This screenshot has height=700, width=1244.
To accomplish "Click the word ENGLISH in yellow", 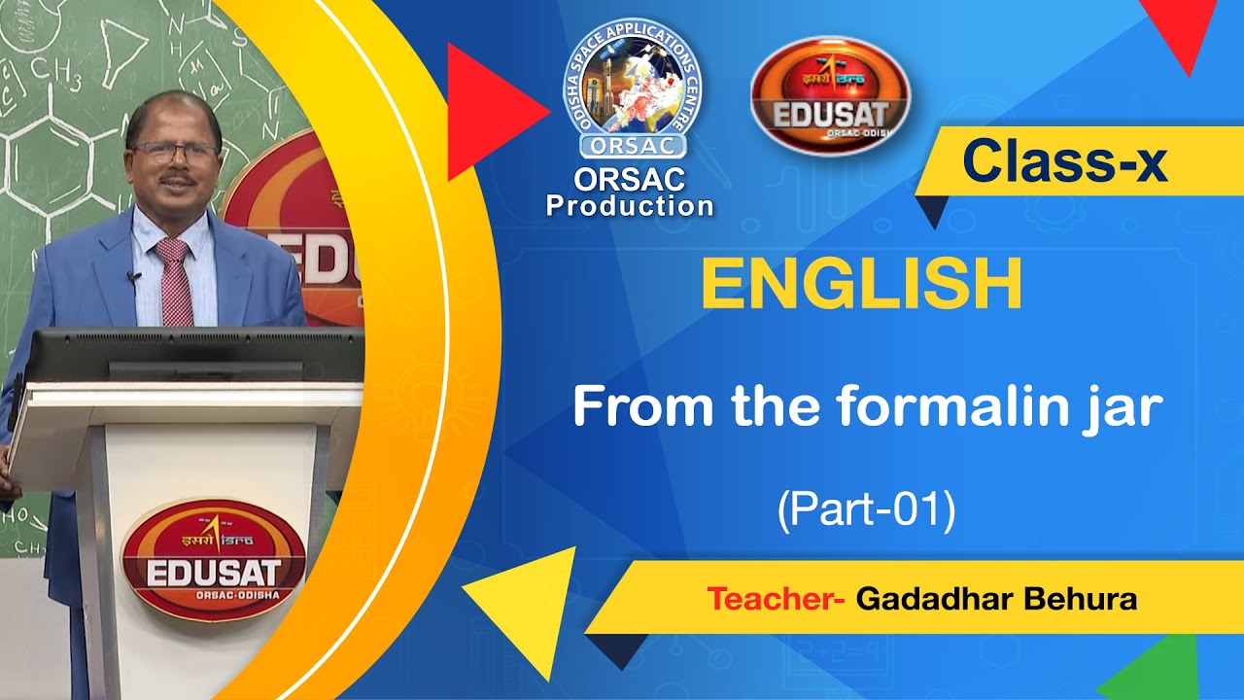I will click(861, 283).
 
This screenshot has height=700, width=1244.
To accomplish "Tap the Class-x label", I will click(1064, 162).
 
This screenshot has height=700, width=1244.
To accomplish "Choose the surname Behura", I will click(1080, 599).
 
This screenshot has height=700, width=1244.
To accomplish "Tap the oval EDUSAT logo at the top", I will click(830, 94).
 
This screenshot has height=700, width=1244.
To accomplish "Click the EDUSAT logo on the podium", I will click(214, 560).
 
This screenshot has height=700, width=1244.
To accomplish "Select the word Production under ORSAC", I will click(630, 206).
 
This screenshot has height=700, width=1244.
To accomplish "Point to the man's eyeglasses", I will click(175, 152).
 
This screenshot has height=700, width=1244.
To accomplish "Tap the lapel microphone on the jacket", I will click(133, 278).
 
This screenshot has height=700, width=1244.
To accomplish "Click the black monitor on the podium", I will click(190, 354).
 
